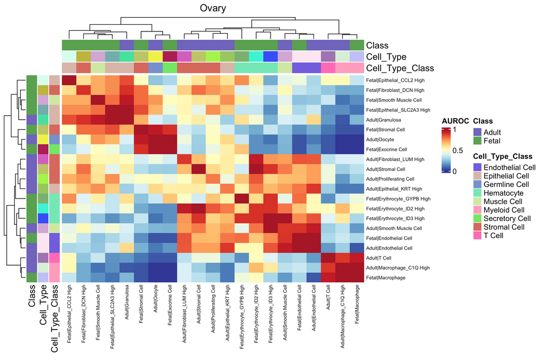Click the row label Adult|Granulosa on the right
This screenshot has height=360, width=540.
(386, 120)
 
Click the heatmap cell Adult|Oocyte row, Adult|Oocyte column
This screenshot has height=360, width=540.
(155, 139)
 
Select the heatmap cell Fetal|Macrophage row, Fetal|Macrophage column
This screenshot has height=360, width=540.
(357, 277)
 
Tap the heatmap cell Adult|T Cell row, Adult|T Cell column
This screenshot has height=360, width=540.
(328, 257)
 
